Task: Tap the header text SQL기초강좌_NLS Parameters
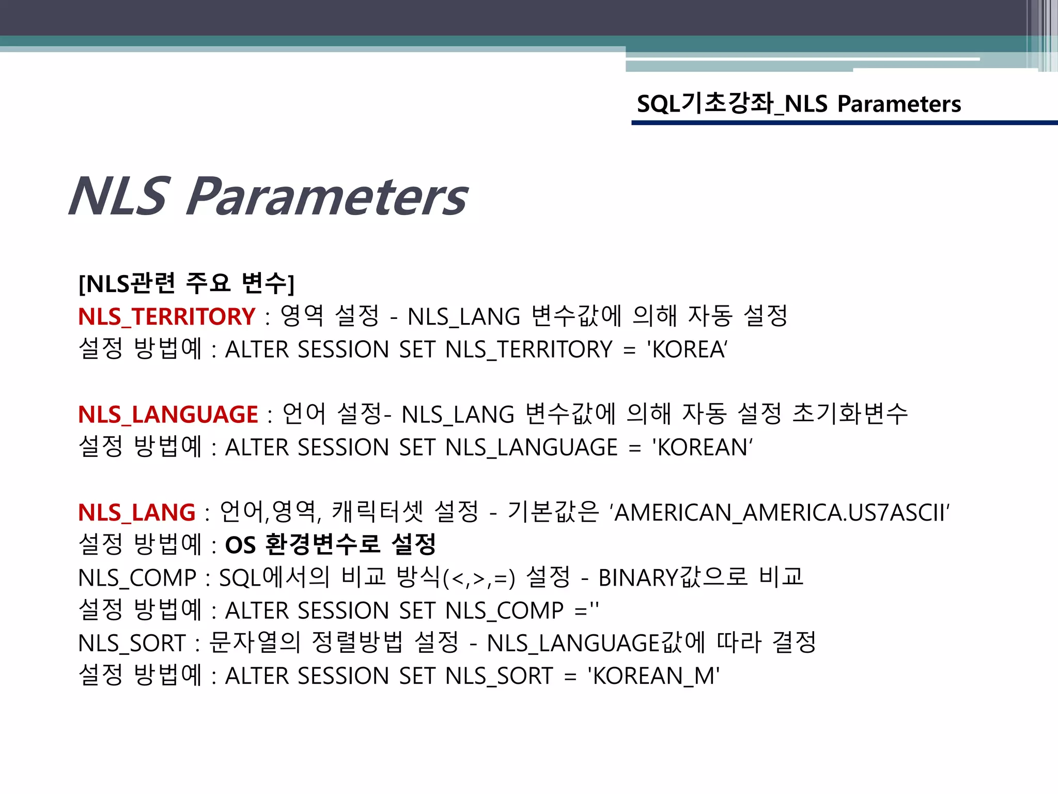point(799,104)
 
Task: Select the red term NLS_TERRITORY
point(166,316)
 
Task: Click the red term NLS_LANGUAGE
point(168,415)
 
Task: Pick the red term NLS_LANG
point(136,512)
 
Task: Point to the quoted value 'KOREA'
point(687,349)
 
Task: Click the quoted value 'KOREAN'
point(702,448)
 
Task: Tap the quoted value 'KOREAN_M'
point(654,676)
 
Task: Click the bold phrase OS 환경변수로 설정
point(331,545)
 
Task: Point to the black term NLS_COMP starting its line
point(137,578)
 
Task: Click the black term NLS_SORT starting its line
point(132,644)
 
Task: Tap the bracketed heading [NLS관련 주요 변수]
point(186,283)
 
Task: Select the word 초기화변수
point(850,415)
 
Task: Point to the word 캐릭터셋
point(377,512)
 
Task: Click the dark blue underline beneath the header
point(844,123)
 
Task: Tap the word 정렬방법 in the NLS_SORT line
point(357,644)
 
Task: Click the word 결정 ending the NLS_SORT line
point(793,644)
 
